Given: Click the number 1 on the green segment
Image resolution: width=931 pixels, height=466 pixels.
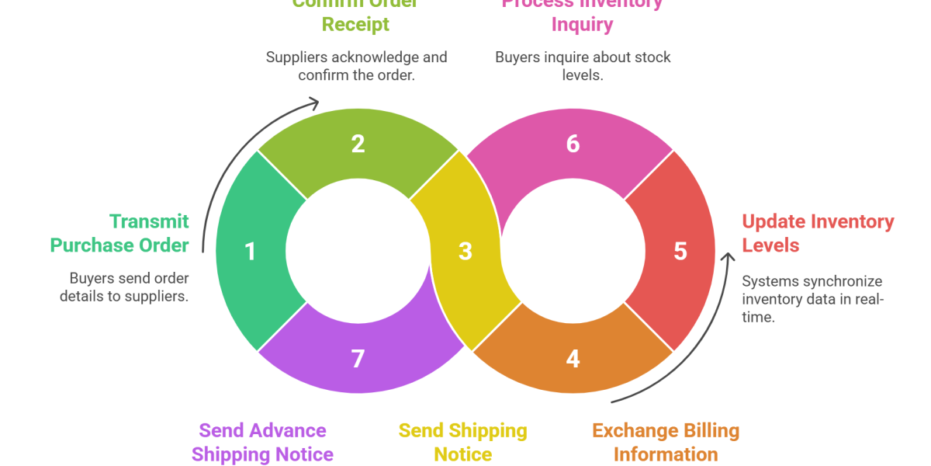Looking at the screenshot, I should pyautogui.click(x=250, y=252).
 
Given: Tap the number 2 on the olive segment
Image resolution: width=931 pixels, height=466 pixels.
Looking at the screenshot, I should pyautogui.click(x=358, y=144).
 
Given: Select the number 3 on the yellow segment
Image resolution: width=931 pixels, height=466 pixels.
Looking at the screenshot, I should pyautogui.click(x=465, y=252).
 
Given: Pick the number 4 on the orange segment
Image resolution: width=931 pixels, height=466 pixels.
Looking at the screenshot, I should pyautogui.click(x=573, y=359).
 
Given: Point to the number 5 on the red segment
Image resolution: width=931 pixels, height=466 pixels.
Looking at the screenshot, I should pyautogui.click(x=680, y=252).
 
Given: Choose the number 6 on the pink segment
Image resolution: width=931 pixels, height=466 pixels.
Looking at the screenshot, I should pyautogui.click(x=573, y=144).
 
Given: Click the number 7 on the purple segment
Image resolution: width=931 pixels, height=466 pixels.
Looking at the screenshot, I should pyautogui.click(x=358, y=359).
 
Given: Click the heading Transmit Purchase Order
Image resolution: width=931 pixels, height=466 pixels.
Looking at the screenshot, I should pyautogui.click(x=120, y=233).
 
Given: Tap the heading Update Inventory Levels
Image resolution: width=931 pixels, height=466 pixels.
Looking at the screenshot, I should pyautogui.click(x=818, y=233).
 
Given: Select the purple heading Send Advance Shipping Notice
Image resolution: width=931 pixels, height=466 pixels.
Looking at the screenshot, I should pyautogui.click(x=263, y=442).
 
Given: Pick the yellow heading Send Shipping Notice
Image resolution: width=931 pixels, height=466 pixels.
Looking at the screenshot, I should pyautogui.click(x=462, y=442).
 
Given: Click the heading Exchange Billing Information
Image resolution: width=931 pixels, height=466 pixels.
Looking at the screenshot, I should pyautogui.click(x=666, y=442).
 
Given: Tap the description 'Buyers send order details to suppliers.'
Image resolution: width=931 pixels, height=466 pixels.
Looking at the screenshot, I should pyautogui.click(x=124, y=287).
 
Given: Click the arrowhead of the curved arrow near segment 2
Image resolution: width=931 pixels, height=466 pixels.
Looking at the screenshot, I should pyautogui.click(x=313, y=103).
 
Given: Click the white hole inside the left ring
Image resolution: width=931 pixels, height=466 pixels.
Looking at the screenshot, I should pyautogui.click(x=358, y=252).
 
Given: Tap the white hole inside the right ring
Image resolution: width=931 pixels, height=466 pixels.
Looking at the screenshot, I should pyautogui.click(x=573, y=252).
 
